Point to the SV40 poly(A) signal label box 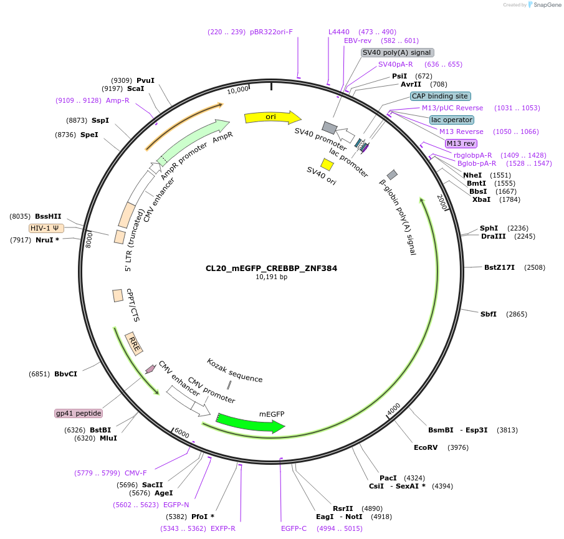pyautogui.click(x=397, y=52)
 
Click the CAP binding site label pyautogui.click(x=439, y=96)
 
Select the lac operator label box pyautogui.click(x=451, y=120)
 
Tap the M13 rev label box pyautogui.click(x=461, y=143)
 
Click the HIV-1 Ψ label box pyautogui.click(x=46, y=228)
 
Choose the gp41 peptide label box pyautogui.click(x=79, y=413)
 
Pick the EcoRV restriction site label pyautogui.click(x=426, y=447)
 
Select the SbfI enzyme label pyautogui.click(x=488, y=314)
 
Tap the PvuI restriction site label pyautogui.click(x=145, y=80)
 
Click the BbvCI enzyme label pyautogui.click(x=65, y=374)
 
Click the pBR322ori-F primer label pyautogui.click(x=271, y=32)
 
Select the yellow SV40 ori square pyautogui.click(x=327, y=164)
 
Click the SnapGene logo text pyautogui.click(x=545, y=5)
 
